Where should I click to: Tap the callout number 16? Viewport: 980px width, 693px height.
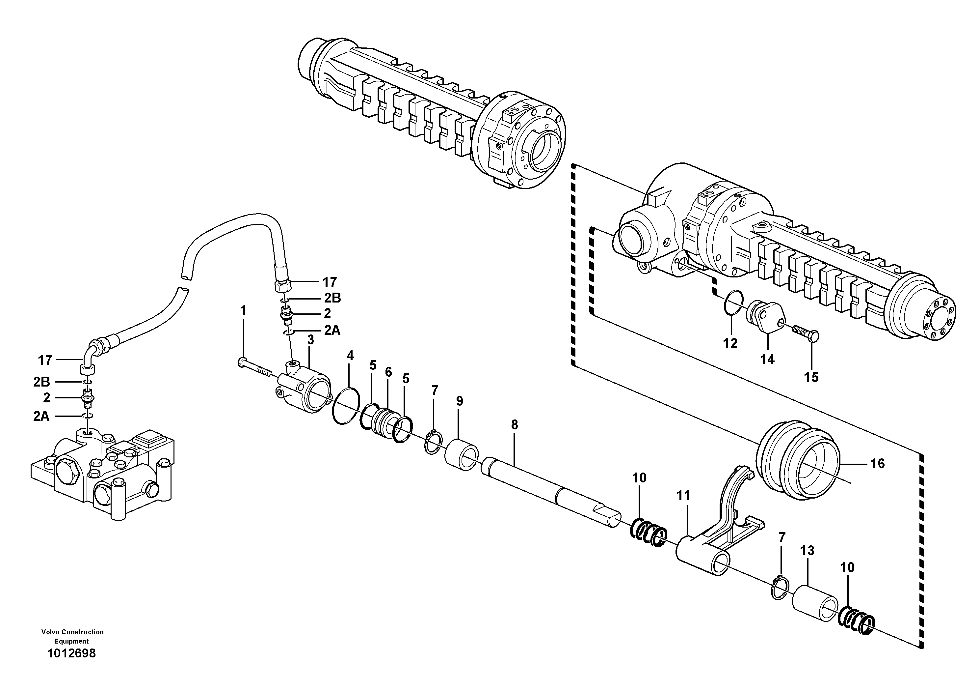(878, 464)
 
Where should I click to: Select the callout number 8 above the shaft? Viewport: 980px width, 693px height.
(514, 425)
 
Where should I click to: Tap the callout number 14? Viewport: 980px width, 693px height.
(767, 360)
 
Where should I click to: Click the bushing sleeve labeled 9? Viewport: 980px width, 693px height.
(462, 455)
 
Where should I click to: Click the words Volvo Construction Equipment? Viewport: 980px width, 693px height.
(72, 636)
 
